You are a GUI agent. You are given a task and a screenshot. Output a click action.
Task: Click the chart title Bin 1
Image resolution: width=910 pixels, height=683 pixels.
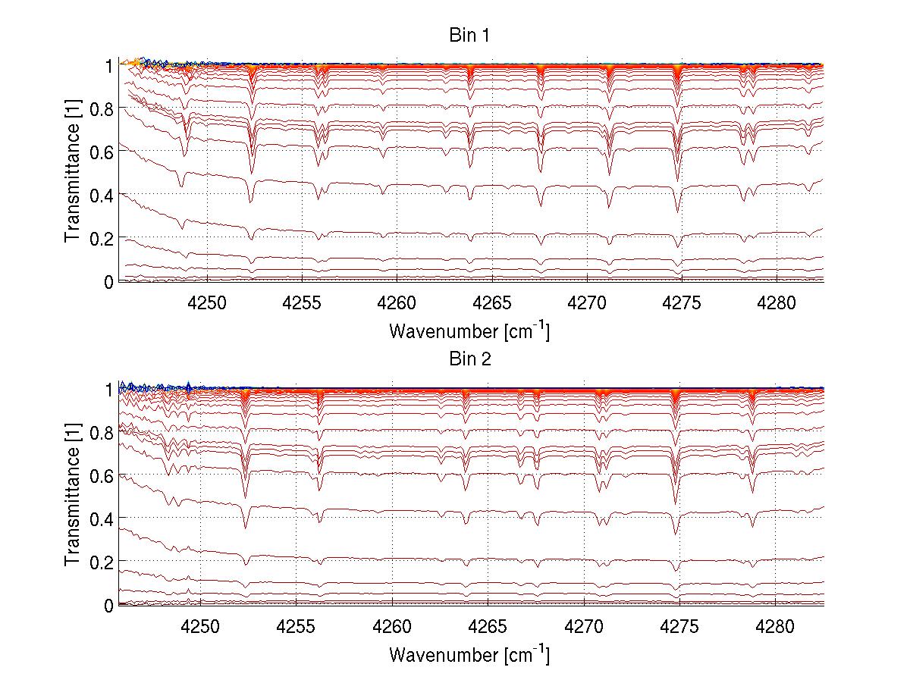(x=470, y=36)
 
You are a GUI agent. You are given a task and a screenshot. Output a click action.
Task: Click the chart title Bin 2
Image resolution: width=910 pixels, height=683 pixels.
(x=470, y=359)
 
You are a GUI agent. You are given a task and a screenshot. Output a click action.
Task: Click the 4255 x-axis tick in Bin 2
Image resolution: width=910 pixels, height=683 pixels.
(x=297, y=627)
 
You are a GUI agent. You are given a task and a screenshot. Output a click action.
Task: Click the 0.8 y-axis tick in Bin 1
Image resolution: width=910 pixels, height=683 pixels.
(x=102, y=108)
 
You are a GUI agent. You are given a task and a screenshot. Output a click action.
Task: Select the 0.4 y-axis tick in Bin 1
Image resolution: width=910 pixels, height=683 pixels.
(x=102, y=195)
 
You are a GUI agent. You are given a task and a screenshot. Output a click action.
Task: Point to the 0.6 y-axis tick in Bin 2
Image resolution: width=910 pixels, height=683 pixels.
(x=102, y=475)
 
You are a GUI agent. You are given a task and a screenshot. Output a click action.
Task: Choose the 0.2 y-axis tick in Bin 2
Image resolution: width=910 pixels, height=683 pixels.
(x=102, y=562)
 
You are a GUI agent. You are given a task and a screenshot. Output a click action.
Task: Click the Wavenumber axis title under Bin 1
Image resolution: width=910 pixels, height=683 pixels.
(x=469, y=331)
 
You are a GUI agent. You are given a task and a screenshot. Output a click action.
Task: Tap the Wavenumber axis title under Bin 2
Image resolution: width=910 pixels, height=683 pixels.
(x=469, y=654)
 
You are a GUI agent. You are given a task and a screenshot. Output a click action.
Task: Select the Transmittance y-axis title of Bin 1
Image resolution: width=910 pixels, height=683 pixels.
(x=73, y=173)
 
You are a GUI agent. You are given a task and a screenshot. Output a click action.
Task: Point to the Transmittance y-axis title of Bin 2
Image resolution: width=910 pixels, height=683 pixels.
(x=73, y=497)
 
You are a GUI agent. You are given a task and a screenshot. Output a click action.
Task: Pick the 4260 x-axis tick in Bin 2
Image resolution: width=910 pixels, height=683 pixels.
(x=393, y=627)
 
